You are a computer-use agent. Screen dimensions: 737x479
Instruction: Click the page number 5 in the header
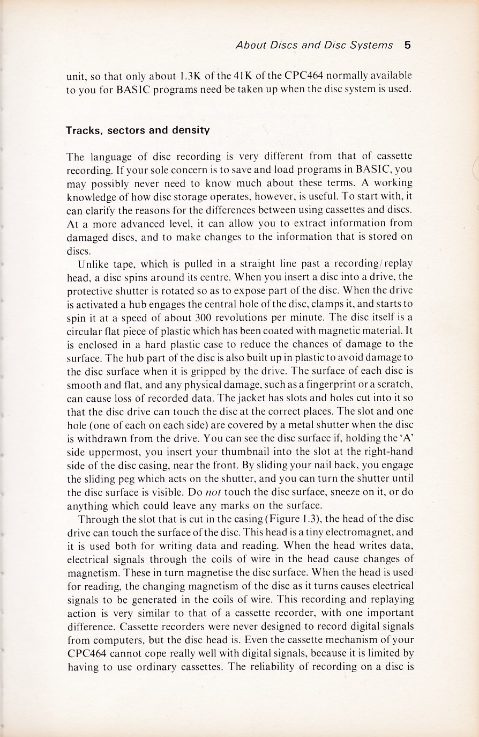tap(407, 45)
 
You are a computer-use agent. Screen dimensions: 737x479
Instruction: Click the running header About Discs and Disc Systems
tap(315, 45)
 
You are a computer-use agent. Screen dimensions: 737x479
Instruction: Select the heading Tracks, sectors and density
tap(137, 130)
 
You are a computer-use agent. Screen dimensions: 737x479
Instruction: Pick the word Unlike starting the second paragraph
tap(94, 264)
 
